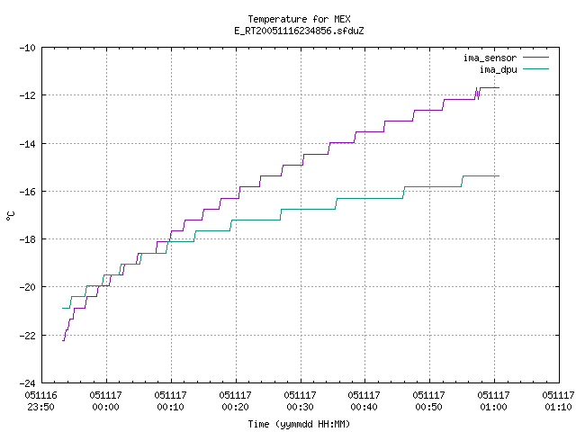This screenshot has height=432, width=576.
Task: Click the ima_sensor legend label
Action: pos(490,58)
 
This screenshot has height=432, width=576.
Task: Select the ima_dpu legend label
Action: pos(498,69)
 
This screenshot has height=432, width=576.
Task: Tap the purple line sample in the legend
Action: pos(535,58)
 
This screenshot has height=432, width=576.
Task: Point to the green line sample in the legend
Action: pos(535,68)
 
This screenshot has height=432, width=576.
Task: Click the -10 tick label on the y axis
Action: pos(28,48)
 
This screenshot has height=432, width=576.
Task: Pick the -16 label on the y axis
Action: pos(28,192)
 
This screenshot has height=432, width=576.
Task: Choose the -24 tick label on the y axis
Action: pos(28,383)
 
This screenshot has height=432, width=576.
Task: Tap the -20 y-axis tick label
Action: pos(28,287)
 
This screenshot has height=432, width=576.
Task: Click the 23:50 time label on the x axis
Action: pos(40,407)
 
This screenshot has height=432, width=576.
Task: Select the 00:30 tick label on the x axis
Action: pos(300,407)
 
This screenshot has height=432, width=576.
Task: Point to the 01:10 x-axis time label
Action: pos(558,407)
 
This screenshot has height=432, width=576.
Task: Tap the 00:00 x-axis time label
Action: pos(106,407)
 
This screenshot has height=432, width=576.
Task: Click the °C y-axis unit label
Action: pos(10,216)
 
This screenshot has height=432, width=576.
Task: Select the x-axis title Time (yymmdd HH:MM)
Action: pos(299,424)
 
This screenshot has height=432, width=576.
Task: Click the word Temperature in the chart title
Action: pos(277,19)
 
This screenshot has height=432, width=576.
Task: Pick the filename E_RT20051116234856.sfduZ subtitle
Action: pos(299,31)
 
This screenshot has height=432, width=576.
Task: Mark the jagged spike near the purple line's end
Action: pos(477,94)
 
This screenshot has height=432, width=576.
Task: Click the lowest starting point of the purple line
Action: pos(63,341)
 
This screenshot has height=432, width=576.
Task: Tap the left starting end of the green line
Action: pos(62,308)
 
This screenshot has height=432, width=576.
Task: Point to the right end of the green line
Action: pos(499,176)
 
